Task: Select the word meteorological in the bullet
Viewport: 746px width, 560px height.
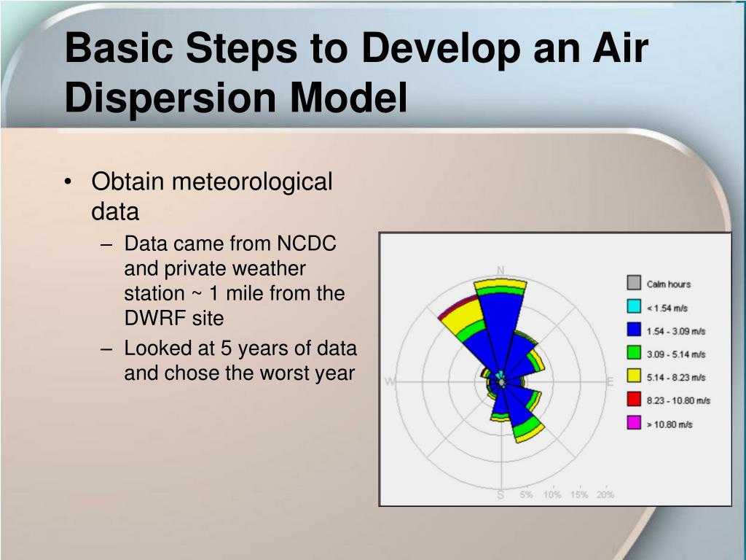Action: [x=252, y=182]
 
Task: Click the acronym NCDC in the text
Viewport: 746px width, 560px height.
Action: [x=307, y=244]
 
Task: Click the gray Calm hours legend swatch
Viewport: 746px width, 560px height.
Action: [x=634, y=283]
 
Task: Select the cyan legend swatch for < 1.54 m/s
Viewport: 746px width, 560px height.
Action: [x=634, y=306]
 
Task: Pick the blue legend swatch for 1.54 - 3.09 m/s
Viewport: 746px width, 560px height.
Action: [x=634, y=330]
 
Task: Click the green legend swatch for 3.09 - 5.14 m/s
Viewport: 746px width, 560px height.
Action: [x=634, y=353]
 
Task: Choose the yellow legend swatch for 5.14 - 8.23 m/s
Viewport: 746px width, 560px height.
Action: [x=634, y=376]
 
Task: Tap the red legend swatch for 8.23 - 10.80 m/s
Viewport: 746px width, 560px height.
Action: [x=634, y=399]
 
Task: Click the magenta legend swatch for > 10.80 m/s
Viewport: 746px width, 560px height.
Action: [x=634, y=422]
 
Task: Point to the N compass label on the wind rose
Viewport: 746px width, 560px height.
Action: [x=500, y=271]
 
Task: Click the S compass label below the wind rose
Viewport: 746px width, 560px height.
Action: [x=500, y=495]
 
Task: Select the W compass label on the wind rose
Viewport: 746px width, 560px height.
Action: [x=390, y=381]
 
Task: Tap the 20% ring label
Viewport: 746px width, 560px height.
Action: [x=605, y=495]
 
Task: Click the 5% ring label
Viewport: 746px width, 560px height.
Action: [x=526, y=495]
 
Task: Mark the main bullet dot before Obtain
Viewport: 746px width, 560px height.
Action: [x=68, y=182]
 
